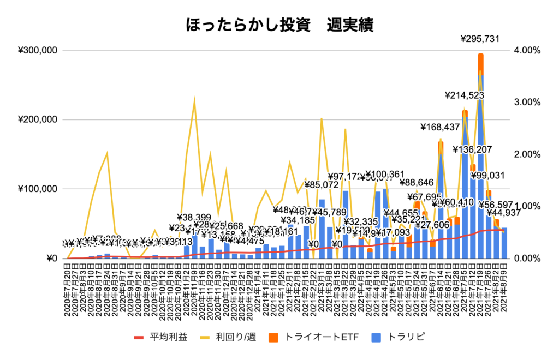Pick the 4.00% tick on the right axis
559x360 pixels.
coord(527,51)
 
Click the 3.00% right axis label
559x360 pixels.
coord(527,103)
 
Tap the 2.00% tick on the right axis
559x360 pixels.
coord(527,154)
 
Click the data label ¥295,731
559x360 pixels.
coord(480,39)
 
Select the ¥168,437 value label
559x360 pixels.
coord(441,127)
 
